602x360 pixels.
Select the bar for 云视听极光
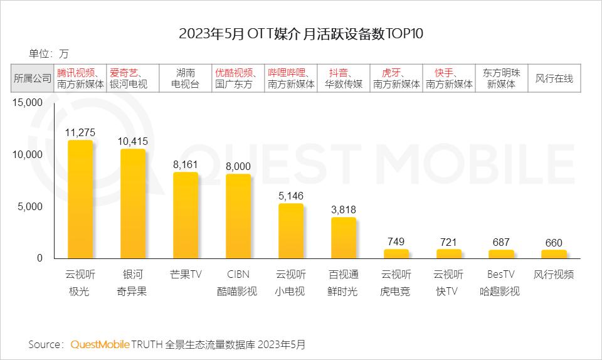(x=80, y=199)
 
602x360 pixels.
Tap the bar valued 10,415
(x=133, y=204)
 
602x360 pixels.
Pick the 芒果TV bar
(x=186, y=215)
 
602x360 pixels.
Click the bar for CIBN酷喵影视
(x=238, y=216)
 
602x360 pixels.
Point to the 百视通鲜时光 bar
(x=343, y=238)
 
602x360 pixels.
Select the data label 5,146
(x=290, y=196)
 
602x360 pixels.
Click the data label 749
(x=396, y=241)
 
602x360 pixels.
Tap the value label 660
(x=554, y=242)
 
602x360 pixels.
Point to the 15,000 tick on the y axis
(x=27, y=103)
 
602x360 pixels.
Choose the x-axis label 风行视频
(x=554, y=275)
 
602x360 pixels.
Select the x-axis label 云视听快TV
(x=448, y=283)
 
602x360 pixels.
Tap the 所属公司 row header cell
(x=33, y=78)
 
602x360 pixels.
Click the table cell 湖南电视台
(x=186, y=78)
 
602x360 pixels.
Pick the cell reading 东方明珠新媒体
(x=501, y=78)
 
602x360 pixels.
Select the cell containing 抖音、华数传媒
(x=343, y=78)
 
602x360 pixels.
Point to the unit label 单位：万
(x=49, y=53)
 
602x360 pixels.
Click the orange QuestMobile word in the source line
(x=100, y=344)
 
